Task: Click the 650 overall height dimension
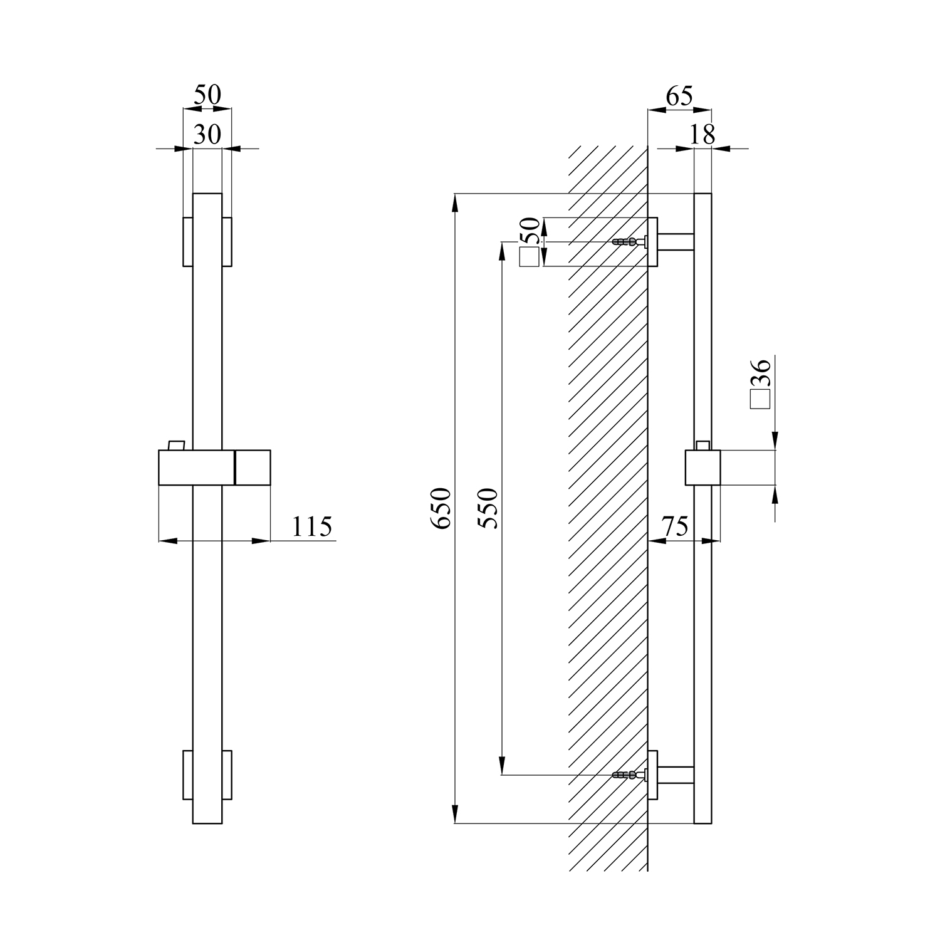tap(441, 508)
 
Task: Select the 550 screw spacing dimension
tap(488, 508)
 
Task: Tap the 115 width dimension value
tap(311, 526)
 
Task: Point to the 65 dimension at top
tap(679, 97)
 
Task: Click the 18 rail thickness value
tap(701, 134)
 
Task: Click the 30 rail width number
tap(207, 134)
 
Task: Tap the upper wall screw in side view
tap(629, 242)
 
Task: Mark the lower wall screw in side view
tap(629, 775)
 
